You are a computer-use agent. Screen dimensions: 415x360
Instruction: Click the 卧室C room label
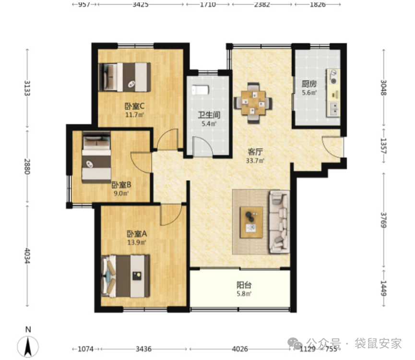134,106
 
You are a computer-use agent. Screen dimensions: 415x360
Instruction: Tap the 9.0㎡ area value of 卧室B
121,193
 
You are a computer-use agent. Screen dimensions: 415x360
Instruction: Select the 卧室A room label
137,234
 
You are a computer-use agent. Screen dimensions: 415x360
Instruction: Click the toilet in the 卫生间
200,90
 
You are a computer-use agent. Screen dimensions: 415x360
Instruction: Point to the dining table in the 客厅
253,103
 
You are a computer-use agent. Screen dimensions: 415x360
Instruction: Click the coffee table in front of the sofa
251,222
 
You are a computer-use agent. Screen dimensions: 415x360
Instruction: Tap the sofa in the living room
279,222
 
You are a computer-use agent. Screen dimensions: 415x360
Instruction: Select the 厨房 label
309,84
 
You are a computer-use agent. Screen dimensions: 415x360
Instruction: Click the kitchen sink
333,109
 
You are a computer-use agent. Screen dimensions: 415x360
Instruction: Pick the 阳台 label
244,285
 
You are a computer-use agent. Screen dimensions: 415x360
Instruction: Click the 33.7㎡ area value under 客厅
255,161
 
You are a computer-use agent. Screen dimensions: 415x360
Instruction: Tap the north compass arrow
28,346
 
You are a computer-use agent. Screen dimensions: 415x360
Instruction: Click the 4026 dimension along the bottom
240,349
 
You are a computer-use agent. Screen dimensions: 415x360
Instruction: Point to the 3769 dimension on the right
383,220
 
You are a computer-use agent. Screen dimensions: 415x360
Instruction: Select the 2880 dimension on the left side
27,167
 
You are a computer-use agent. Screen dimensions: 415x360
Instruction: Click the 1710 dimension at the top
208,4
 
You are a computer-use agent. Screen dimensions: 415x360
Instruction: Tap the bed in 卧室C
124,77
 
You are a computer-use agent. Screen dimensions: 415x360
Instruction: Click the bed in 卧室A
125,276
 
